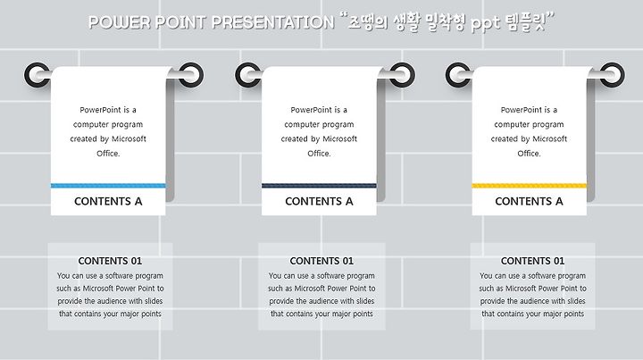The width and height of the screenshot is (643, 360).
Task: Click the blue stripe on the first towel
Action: tap(108, 186)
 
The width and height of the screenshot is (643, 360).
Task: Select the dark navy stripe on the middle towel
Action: tap(319, 186)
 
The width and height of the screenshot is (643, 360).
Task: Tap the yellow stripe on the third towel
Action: tap(530, 186)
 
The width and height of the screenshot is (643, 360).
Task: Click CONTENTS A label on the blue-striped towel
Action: tap(108, 201)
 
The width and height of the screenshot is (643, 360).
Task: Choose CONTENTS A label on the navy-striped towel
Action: tap(319, 201)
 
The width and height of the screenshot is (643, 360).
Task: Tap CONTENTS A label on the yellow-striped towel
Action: tap(529, 201)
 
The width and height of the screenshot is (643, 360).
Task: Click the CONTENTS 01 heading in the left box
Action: tap(110, 261)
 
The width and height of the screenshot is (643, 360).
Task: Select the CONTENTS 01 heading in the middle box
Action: tap(321, 261)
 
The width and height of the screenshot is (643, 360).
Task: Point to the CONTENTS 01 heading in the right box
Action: tap(532, 261)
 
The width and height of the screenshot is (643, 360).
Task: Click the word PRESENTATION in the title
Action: tap(273, 22)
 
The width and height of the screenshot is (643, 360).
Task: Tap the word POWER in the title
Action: tap(120, 22)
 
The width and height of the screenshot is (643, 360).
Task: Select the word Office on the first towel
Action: tap(108, 154)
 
